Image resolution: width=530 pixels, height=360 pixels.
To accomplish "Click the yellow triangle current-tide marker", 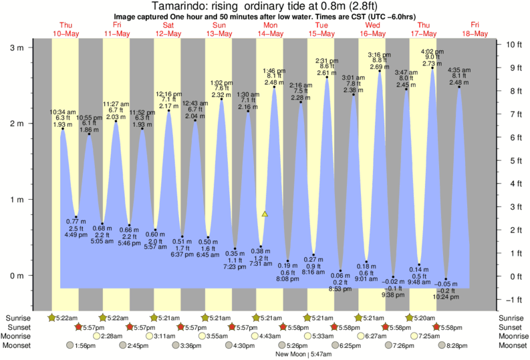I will [x=265, y=214].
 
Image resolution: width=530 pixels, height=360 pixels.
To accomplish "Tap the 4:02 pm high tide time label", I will [x=432, y=51].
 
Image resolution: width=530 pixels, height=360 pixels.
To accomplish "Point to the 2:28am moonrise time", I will [x=111, y=336].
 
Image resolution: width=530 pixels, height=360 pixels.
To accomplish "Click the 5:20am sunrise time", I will [x=423, y=317].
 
